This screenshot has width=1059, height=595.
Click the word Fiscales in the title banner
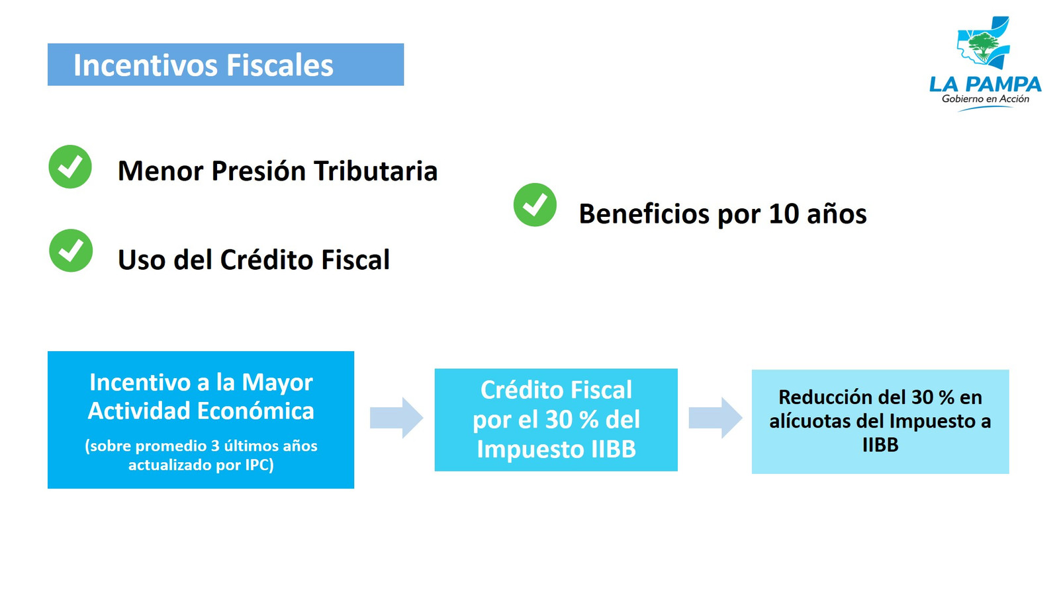(280, 65)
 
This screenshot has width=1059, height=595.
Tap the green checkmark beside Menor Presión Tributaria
(70, 167)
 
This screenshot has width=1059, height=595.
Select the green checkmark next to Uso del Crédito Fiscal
(71, 251)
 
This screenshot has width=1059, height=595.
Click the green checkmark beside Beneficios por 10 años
(535, 204)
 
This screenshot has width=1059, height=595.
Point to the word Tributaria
(376, 171)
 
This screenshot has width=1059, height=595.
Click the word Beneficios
(645, 214)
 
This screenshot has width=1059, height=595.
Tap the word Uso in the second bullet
(142, 260)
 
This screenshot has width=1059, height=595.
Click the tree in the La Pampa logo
(984, 46)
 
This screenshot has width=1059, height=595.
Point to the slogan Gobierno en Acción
(986, 99)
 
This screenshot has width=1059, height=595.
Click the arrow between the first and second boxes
(396, 418)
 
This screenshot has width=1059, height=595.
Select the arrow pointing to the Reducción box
(715, 418)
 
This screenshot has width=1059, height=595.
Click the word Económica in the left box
(255, 410)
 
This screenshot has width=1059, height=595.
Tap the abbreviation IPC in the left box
(259, 465)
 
